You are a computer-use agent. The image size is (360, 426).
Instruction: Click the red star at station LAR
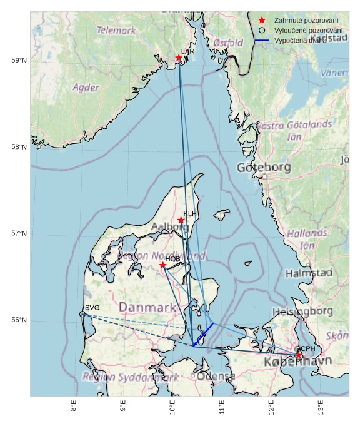tap(179, 58)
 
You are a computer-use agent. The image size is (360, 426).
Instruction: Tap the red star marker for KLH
tap(181, 220)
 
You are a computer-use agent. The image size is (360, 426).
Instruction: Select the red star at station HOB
tap(162, 265)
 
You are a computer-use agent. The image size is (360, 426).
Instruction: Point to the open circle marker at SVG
tap(82, 314)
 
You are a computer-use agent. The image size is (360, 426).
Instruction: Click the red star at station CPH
tap(299, 355)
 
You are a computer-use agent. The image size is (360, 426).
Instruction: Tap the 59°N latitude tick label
tap(19, 61)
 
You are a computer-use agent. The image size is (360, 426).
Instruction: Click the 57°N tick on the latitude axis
tap(19, 234)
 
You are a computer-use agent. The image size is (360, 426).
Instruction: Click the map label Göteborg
tap(264, 168)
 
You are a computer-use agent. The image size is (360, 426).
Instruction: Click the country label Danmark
tap(147, 307)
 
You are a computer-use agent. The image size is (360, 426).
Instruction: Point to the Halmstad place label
tap(309, 273)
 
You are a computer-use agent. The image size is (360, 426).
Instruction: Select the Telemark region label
tap(116, 30)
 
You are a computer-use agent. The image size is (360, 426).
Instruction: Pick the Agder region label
tap(86, 88)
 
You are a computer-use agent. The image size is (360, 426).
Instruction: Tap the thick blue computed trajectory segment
tap(203, 334)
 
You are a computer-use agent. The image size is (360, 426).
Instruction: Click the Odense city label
tap(214, 377)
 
